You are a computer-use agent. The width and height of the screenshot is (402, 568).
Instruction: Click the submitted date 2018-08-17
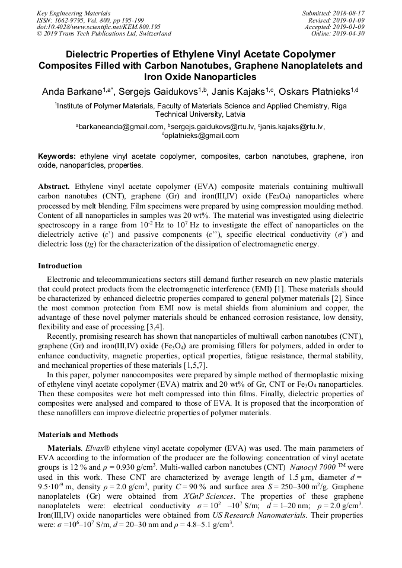(x=349, y=12)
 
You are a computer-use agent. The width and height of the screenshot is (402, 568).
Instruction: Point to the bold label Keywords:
(x=57, y=157)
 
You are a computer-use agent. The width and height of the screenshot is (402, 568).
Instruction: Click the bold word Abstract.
(x=54, y=186)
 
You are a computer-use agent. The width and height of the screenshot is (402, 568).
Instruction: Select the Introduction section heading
(x=60, y=266)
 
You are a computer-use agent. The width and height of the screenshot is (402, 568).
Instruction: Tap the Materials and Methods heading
(x=78, y=435)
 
